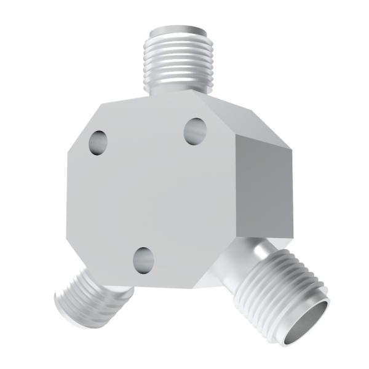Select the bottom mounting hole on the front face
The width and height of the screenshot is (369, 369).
tap(143, 260)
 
